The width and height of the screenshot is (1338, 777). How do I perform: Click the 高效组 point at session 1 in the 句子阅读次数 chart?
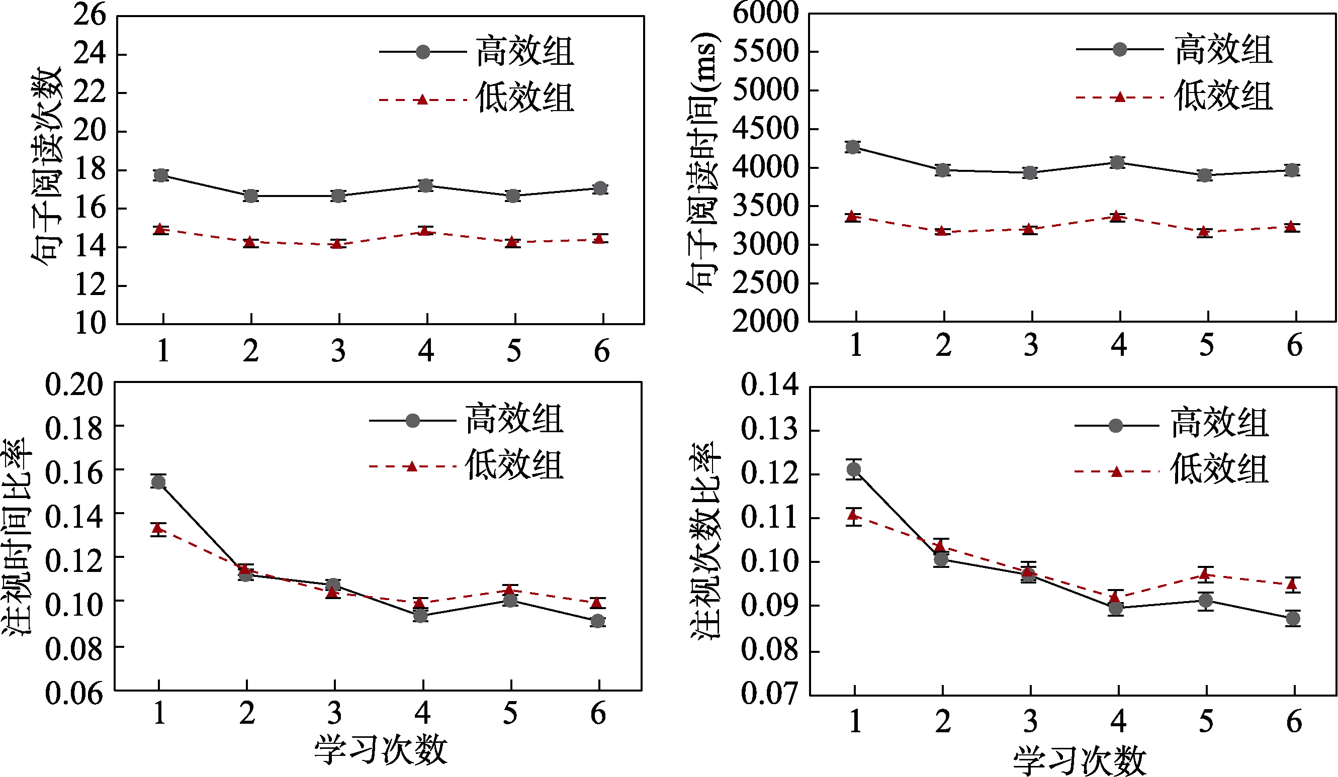tap(161, 175)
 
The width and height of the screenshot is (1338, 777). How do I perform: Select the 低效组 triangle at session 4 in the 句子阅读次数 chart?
tap(424, 230)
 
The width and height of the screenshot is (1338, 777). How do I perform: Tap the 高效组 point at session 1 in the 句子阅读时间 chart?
tap(853, 147)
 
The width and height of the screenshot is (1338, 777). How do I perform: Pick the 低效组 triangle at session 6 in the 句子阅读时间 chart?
tap(1292, 227)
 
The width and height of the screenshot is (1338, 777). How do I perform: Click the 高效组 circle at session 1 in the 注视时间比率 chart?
tap(158, 482)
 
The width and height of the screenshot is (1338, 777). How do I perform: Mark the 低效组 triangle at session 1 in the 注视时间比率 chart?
tap(158, 528)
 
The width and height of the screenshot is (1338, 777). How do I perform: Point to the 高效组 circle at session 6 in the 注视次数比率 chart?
tap(1293, 618)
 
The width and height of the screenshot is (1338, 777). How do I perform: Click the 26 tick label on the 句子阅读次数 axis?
tap(90, 15)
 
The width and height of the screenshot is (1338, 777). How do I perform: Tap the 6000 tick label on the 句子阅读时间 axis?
tap(765, 13)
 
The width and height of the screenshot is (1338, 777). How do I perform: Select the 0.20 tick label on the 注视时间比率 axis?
tap(74, 384)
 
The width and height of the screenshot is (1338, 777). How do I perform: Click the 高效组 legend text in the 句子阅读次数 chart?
tap(524, 51)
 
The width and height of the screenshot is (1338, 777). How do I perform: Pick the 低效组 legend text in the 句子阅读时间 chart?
tap(1223, 96)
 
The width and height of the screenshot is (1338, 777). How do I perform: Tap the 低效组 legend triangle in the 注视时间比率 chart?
tap(412, 466)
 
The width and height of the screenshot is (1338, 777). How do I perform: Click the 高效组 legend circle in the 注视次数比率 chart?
tap(1116, 426)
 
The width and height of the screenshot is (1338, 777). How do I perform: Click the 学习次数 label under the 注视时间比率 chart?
tap(381, 750)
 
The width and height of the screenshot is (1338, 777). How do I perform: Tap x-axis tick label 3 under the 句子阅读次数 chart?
tap(339, 351)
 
